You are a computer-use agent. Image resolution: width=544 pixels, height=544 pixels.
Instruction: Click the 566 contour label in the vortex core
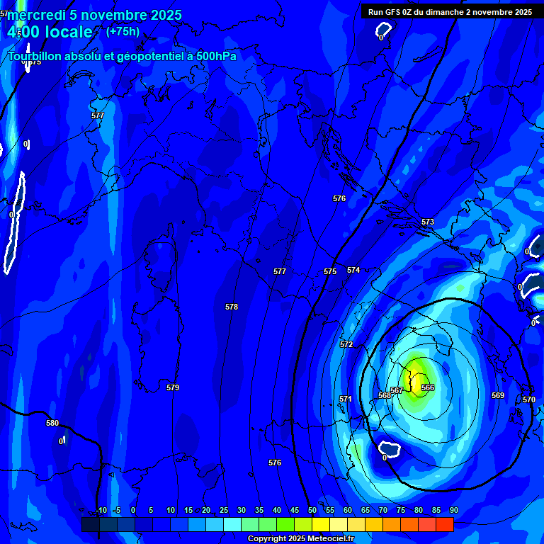point(428,387)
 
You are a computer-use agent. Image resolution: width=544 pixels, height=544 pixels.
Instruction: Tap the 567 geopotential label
point(397,390)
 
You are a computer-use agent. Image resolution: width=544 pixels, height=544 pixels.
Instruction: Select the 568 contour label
point(385,395)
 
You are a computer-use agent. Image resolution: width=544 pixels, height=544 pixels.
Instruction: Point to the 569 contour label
point(498,395)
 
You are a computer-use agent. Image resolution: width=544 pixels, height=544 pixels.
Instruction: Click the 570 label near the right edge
point(529,399)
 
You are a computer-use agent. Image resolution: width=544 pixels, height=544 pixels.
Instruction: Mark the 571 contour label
point(346,399)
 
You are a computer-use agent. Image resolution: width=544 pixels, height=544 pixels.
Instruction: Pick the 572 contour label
point(346,344)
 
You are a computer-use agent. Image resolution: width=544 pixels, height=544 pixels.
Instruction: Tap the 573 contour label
point(428,222)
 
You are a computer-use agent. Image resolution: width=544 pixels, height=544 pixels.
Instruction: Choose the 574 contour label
point(353,270)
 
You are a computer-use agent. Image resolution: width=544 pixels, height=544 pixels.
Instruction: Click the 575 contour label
point(330,271)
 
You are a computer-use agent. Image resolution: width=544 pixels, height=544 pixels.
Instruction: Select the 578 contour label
point(232,307)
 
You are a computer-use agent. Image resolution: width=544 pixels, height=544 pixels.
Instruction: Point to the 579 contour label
point(173,387)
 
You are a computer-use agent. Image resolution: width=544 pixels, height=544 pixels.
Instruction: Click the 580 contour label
point(52,423)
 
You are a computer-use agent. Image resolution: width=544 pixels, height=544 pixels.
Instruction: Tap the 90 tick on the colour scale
point(453,510)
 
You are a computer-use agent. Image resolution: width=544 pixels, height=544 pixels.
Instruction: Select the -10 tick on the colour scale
point(101,510)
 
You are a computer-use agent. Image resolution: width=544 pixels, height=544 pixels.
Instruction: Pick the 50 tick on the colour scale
point(312,510)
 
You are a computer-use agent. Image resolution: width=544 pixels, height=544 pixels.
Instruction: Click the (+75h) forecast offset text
point(123,32)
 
